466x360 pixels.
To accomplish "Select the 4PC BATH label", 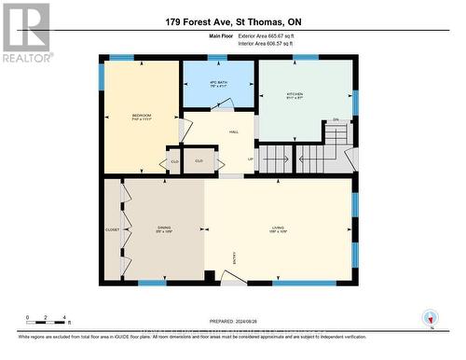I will (216, 85).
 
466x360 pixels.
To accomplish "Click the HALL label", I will (233, 132).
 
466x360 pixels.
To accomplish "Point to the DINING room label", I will (164, 228).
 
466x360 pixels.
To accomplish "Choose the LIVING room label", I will (277, 228).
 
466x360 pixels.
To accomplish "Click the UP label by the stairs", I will (250, 159).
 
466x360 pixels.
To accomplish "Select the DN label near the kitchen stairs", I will (335, 120).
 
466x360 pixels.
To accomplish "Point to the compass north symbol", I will (430, 318).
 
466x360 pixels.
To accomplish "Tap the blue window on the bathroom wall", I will (217, 59).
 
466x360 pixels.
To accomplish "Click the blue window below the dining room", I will (152, 282).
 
